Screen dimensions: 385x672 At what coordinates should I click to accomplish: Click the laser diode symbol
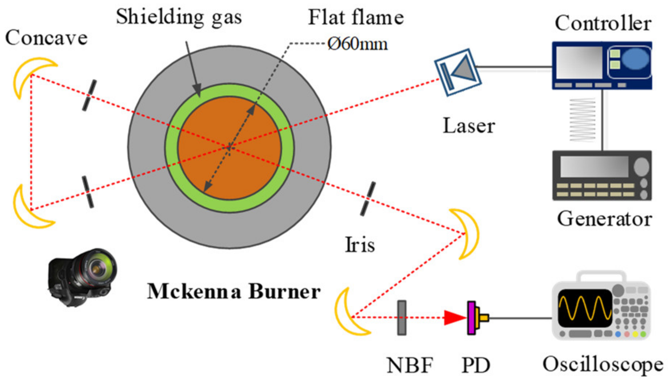(x=458, y=72)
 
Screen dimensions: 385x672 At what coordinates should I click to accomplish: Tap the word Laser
(x=469, y=126)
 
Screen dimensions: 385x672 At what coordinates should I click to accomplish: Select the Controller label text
(x=603, y=24)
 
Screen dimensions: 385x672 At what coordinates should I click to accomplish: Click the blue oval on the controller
(x=635, y=59)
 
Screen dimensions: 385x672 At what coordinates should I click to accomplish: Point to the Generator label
(x=604, y=219)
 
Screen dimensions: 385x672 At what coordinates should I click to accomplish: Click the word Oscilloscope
(x=603, y=365)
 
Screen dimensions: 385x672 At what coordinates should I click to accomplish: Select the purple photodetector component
(x=471, y=318)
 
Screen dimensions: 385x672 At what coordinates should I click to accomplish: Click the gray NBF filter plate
(x=401, y=318)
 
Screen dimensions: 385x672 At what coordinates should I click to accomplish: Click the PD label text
(x=475, y=365)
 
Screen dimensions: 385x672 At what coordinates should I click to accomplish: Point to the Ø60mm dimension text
(x=357, y=44)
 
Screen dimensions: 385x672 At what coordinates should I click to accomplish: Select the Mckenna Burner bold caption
(x=233, y=292)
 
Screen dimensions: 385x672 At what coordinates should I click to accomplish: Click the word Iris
(x=359, y=245)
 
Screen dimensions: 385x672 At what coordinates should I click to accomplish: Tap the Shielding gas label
(x=179, y=17)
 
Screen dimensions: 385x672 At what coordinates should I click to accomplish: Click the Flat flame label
(x=356, y=18)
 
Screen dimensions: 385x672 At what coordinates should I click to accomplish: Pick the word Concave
(x=46, y=38)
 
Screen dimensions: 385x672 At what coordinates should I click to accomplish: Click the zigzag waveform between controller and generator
(x=582, y=120)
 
